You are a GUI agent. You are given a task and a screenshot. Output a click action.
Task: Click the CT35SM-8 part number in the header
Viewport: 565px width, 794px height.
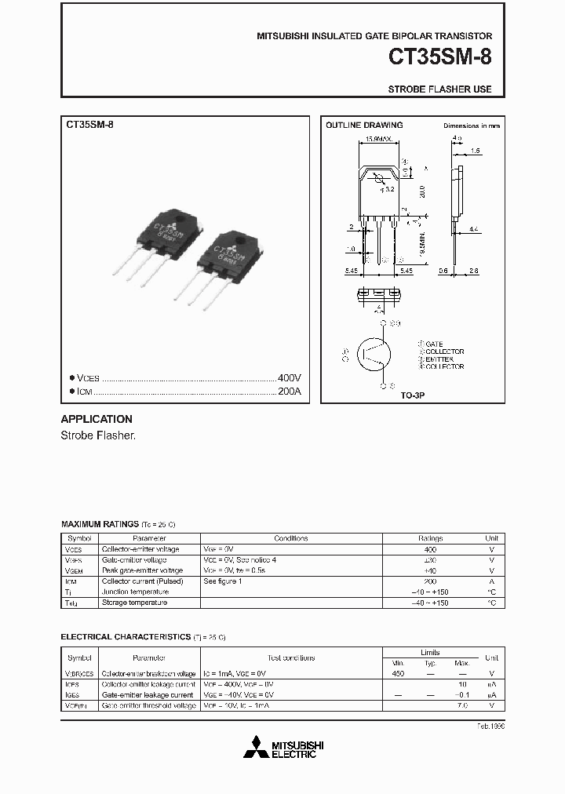pos(440,58)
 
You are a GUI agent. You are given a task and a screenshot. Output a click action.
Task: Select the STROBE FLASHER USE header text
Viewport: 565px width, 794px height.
pos(439,89)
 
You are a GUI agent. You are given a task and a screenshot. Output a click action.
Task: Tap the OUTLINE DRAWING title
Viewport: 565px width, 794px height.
pos(364,125)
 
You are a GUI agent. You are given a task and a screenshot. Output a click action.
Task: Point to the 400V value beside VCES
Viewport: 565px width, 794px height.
pos(290,377)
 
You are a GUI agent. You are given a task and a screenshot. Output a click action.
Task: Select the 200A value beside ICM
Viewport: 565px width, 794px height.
pos(290,391)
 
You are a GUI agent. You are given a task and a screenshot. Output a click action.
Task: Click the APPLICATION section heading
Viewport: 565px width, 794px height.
pos(97,419)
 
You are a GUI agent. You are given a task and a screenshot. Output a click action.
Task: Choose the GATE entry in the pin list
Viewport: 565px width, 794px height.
pos(434,344)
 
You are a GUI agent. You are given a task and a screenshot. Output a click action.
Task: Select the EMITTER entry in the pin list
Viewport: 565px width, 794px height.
pos(439,359)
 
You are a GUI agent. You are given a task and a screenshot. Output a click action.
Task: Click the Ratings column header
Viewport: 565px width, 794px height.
pos(429,538)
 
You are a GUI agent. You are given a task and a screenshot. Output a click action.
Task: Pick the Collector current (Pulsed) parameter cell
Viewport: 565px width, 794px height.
pos(142,581)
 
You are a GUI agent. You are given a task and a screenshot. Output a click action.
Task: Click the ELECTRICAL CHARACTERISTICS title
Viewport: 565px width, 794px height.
pos(126,636)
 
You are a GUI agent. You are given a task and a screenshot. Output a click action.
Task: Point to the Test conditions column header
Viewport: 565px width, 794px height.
pos(290,657)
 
